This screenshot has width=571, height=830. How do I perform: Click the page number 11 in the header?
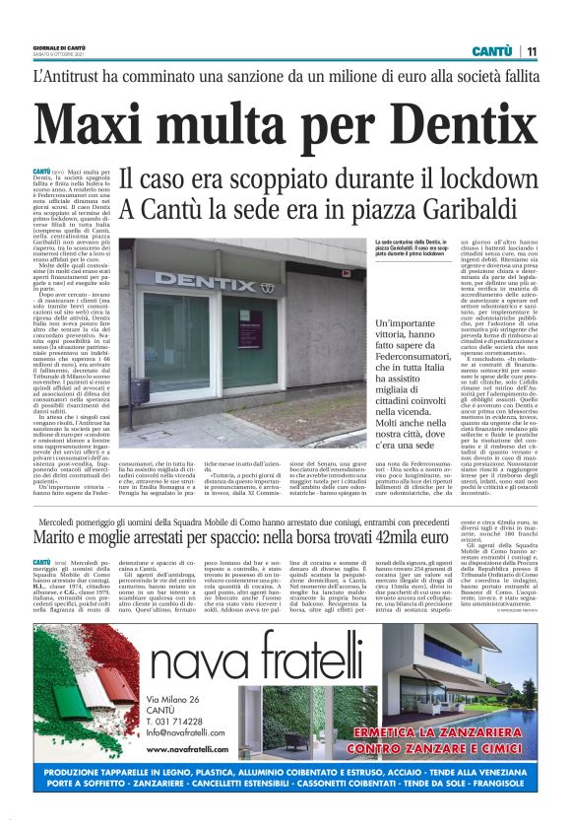[x=531, y=51]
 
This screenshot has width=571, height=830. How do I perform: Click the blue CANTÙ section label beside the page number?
[x=490, y=51]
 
